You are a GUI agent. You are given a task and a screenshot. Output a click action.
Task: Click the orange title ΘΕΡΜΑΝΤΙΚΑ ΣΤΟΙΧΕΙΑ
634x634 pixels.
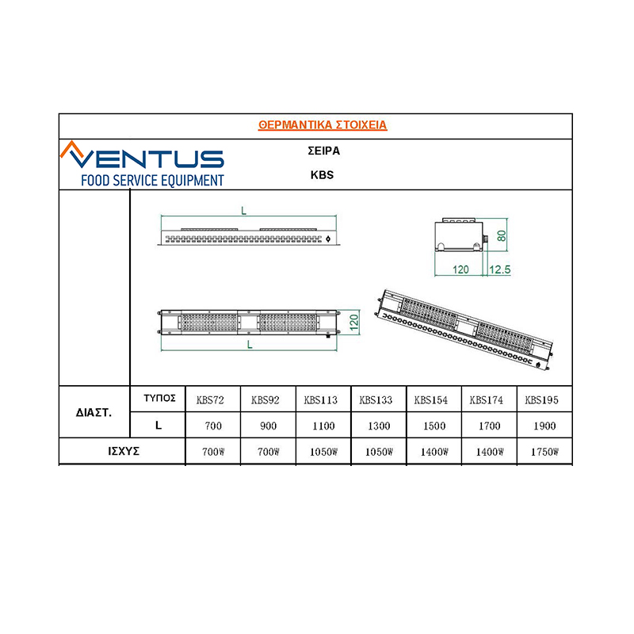[x=323, y=124]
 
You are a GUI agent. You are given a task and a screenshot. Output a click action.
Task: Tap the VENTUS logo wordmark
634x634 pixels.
[x=142, y=155]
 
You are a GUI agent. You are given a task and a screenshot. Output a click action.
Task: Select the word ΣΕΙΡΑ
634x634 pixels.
[x=323, y=151]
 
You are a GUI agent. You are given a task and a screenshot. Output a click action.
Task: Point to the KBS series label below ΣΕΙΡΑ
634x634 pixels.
[x=322, y=174]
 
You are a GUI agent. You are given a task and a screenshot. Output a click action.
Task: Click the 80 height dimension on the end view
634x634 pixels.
[x=502, y=235]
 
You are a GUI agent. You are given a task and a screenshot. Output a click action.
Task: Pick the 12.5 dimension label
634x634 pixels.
[x=500, y=269]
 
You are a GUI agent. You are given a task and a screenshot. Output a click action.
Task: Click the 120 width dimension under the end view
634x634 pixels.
[x=460, y=269]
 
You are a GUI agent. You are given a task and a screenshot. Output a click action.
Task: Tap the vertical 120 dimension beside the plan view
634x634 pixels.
[x=353, y=323]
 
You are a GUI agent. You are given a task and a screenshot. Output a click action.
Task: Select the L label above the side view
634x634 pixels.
[x=243, y=211]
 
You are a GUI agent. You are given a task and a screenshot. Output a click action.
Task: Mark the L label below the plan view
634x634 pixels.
[x=250, y=345]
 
